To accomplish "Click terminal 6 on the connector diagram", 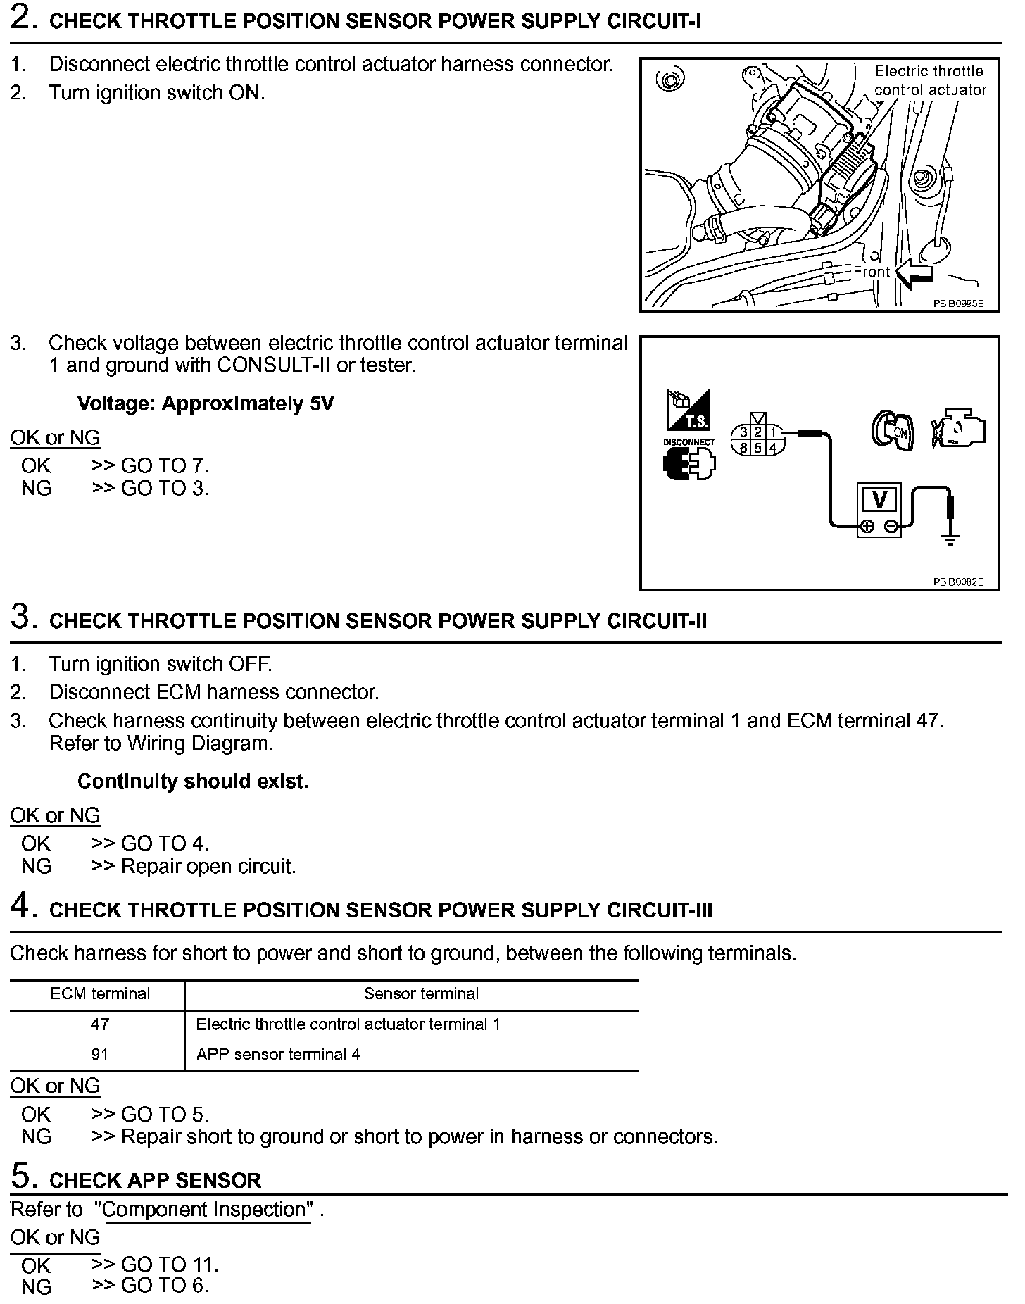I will tap(743, 448).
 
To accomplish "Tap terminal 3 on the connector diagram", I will tap(743, 432).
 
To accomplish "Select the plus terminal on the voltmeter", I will tap(867, 526).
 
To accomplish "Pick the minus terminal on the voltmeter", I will tap(891, 526).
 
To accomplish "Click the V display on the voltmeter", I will tap(879, 499).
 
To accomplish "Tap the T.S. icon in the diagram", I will tap(688, 410).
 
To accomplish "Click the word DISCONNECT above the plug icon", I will tap(688, 442).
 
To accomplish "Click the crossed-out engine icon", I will tap(959, 428).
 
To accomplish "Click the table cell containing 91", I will tap(99, 1054).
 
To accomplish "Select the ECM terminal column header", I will tap(99, 993).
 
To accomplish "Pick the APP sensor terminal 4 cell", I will tap(278, 1054).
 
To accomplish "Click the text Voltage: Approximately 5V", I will tap(206, 403).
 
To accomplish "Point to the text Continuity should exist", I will tap(193, 781).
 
